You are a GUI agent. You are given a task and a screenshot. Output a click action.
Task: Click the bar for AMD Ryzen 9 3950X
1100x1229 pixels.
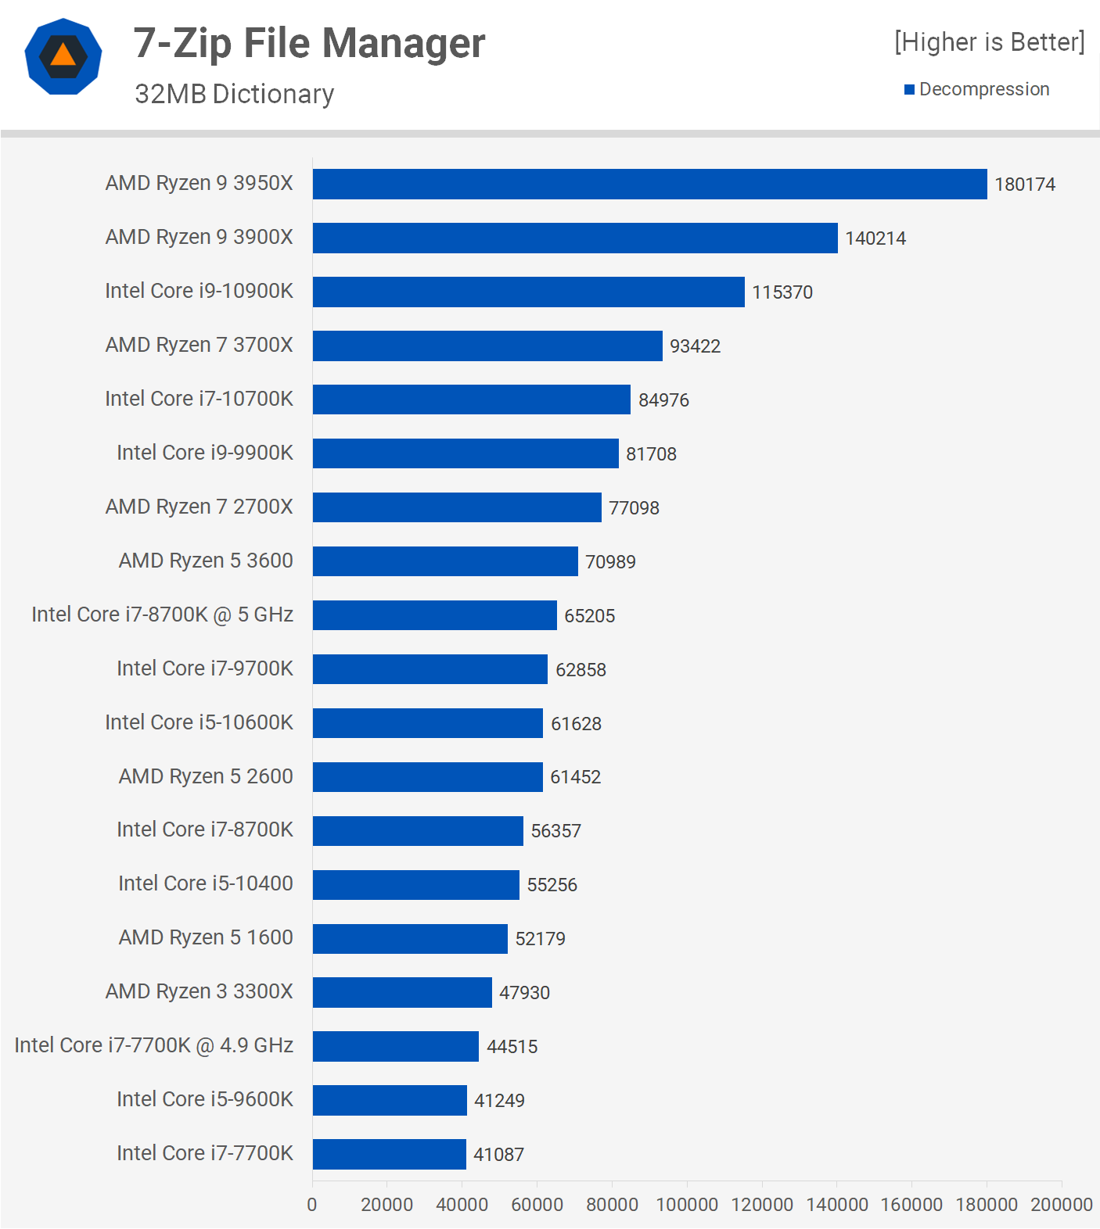[x=649, y=184]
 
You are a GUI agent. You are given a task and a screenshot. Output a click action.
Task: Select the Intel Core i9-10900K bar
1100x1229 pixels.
[x=528, y=292]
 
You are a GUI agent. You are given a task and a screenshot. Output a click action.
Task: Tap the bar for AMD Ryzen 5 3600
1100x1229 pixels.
[x=445, y=561]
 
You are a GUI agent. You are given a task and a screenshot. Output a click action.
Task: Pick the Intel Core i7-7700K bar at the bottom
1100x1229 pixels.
[x=389, y=1154]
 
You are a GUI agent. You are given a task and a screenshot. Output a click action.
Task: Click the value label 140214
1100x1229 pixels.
[x=875, y=238]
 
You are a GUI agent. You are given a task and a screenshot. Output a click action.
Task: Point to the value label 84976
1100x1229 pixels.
[x=663, y=400]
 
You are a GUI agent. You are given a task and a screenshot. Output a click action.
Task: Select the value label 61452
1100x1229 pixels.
[x=575, y=777]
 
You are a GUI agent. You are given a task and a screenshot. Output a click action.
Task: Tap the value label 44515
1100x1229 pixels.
[x=512, y=1047]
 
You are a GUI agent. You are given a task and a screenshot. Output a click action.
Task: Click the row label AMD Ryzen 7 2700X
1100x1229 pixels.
[x=199, y=507]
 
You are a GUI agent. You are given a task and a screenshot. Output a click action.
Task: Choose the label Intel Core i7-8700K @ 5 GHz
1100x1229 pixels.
[x=162, y=614]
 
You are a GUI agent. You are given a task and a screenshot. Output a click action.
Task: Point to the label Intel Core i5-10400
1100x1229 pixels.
[x=205, y=883]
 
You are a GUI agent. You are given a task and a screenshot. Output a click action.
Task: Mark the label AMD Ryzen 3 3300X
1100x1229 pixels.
[x=199, y=991]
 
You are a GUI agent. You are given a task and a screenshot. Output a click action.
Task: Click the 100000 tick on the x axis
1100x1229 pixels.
[x=687, y=1205]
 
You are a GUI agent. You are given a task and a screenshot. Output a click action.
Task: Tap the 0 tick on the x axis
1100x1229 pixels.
[x=312, y=1205]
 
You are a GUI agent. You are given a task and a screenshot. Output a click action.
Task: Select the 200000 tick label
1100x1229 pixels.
[x=1061, y=1205]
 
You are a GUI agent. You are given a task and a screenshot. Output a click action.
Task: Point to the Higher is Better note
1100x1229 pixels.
[x=990, y=42]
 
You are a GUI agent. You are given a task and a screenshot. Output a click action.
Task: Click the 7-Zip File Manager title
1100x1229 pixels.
[x=309, y=43]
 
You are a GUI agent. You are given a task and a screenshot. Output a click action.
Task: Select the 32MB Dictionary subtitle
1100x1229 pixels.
[x=234, y=94]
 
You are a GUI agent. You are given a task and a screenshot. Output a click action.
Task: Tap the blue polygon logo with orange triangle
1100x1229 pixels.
[x=63, y=56]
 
